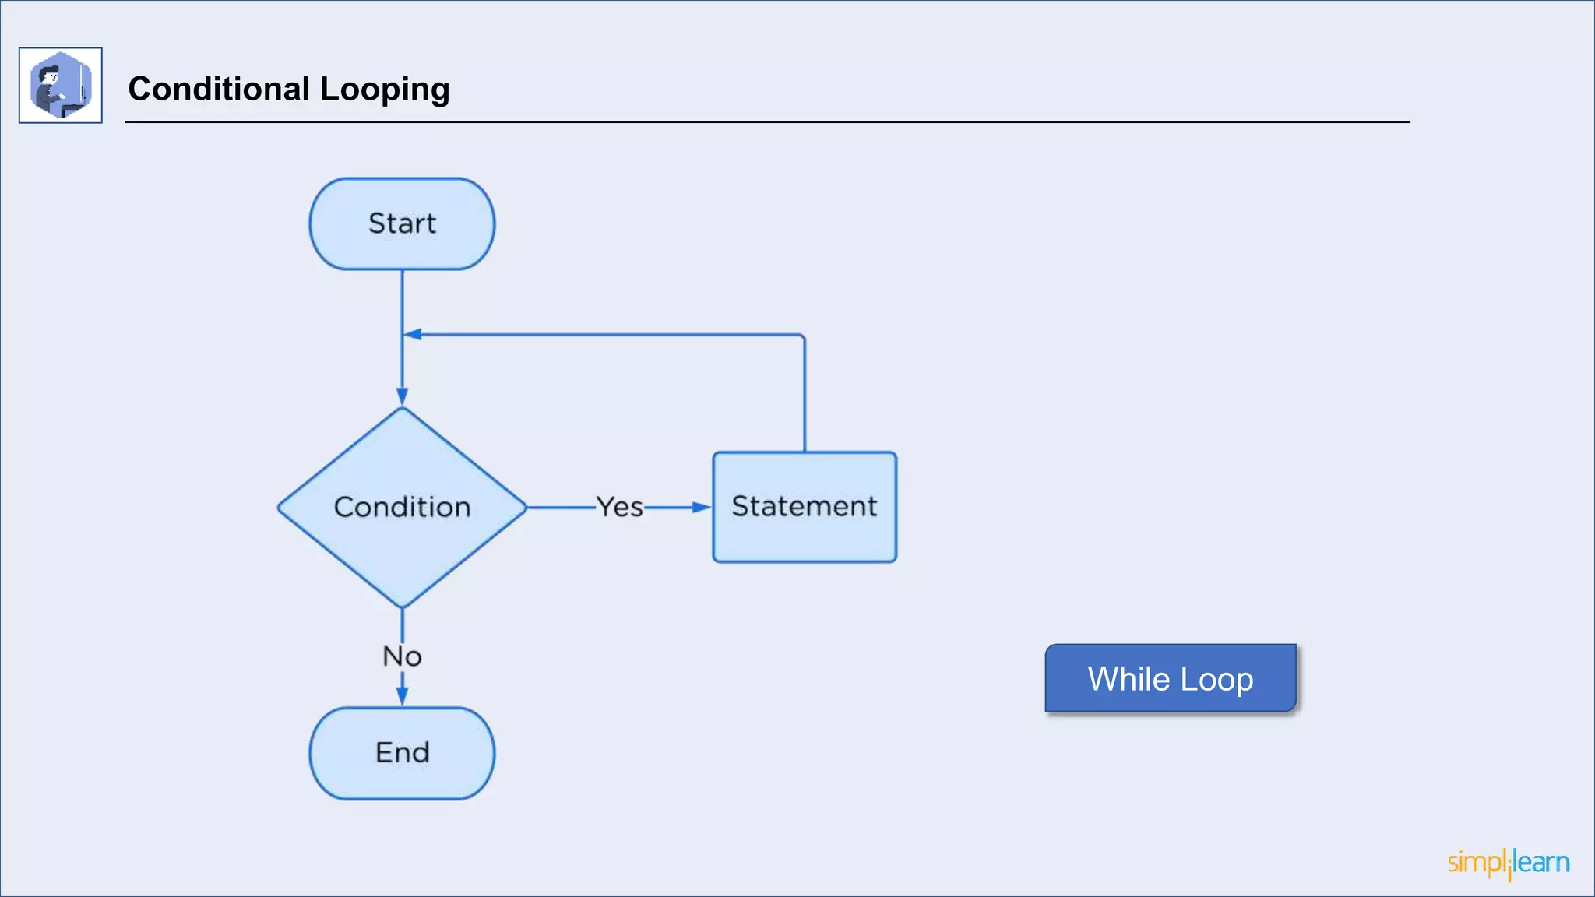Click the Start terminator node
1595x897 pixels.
[402, 224]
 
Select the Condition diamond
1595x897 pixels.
[402, 508]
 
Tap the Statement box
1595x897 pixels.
[805, 507]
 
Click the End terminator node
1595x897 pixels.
[402, 753]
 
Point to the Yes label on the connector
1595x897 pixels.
[620, 508]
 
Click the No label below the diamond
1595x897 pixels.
[402, 656]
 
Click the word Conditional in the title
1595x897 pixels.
[219, 89]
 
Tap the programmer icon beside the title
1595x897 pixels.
[61, 85]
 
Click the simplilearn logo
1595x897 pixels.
[1508, 863]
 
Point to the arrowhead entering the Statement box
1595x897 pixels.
[702, 508]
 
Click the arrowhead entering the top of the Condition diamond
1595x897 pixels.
[402, 396]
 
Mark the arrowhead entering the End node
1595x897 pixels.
[402, 697]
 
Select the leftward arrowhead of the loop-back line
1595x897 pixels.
[414, 335]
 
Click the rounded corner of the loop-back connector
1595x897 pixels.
[802, 337]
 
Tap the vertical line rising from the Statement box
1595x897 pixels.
[805, 397]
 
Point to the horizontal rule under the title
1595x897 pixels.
[767, 122]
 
